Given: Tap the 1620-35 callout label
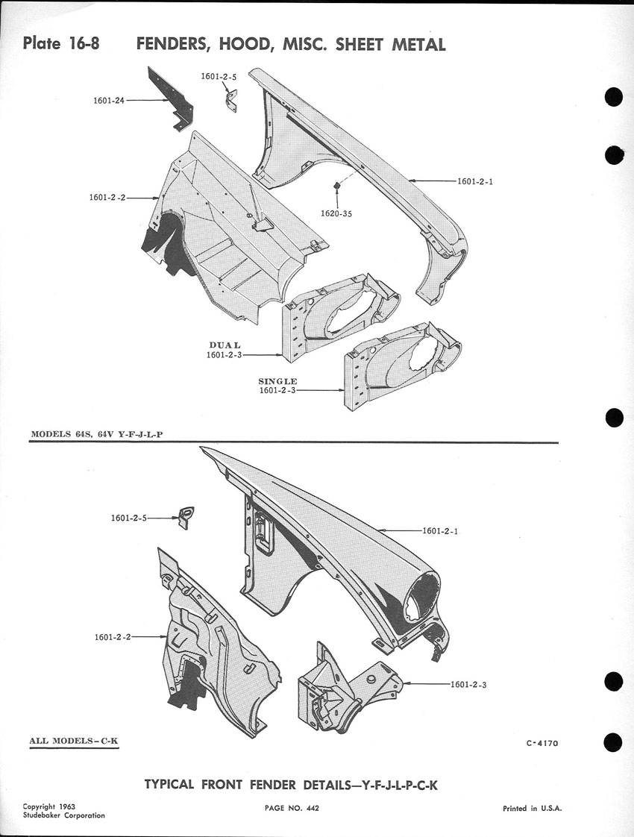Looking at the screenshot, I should [337, 213].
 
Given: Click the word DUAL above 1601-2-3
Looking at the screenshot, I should [225, 345].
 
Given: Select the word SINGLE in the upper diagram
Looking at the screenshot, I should [277, 381].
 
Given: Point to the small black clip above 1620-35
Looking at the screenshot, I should [337, 184].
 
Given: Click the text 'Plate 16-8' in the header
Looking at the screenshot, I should [61, 43].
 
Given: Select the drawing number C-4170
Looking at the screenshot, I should [542, 743].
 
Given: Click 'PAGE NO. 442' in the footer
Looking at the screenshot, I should [292, 808].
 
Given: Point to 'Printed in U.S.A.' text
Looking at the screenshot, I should [533, 809].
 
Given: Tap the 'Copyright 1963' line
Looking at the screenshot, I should [49, 806].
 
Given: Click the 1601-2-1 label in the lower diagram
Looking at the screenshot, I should [440, 531].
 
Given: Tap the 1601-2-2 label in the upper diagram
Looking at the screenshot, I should [107, 198].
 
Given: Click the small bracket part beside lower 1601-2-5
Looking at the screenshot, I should [185, 516].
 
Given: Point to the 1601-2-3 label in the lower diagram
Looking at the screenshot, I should [468, 684].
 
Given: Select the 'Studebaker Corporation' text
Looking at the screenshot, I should [63, 815].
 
